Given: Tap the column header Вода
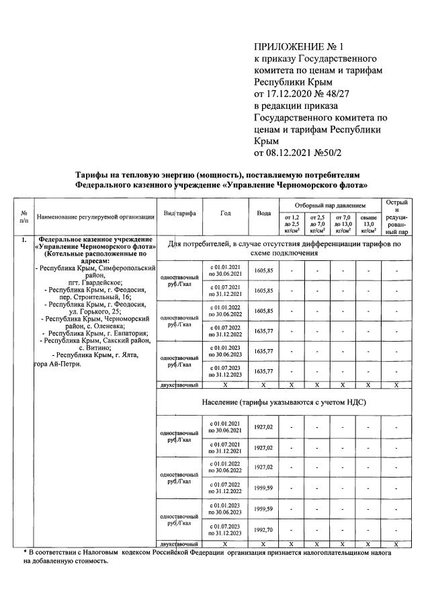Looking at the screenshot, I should tap(264, 213).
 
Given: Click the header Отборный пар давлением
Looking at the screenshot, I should tap(330, 204).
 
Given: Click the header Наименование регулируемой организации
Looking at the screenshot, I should tap(95, 217).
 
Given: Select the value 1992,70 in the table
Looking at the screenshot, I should tap(263, 529).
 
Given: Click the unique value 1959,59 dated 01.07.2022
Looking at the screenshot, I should tap(263, 488).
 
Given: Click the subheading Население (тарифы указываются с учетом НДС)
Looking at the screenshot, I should tap(284, 402).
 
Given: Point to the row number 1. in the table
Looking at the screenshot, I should tap(24, 239).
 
